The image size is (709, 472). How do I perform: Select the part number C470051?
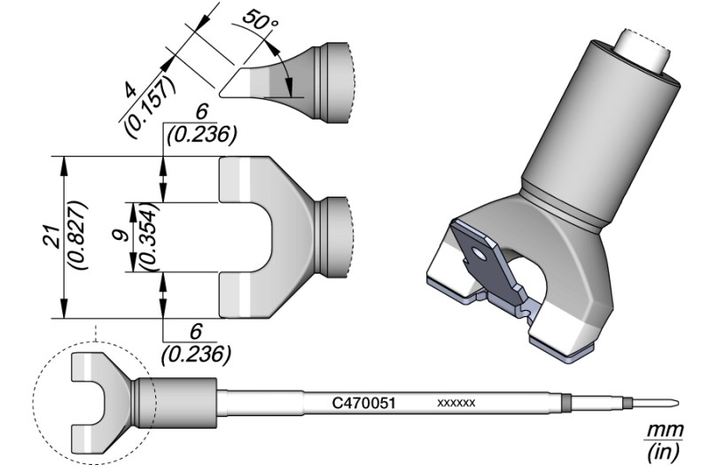[363, 402]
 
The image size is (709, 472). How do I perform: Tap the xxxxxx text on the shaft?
[456, 403]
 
